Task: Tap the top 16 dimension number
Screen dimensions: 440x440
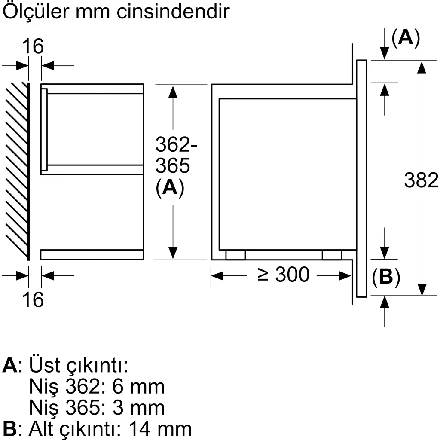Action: click(x=33, y=46)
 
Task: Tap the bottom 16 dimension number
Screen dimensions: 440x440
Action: click(x=33, y=299)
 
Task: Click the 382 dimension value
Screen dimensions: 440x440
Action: click(x=421, y=180)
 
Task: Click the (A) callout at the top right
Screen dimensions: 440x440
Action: click(x=405, y=39)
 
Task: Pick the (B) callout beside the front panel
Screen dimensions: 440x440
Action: click(x=386, y=278)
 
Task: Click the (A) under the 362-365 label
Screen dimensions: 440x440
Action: click(x=170, y=188)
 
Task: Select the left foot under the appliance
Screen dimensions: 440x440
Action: click(x=235, y=255)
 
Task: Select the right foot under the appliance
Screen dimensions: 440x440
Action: click(x=332, y=255)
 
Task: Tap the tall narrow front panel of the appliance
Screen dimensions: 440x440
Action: click(x=361, y=178)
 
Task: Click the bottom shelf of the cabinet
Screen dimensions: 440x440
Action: click(x=92, y=254)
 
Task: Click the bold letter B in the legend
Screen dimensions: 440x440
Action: click(x=9, y=428)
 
